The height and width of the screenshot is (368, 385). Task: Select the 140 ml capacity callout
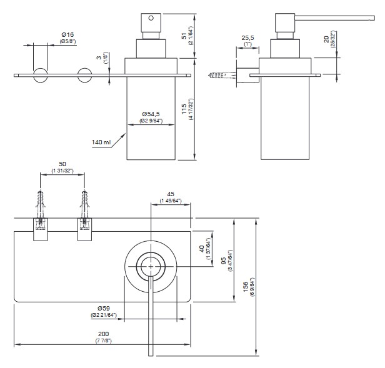point(101,142)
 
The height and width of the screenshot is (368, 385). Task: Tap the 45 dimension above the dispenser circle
point(170,194)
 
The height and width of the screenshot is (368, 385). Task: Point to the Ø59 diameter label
point(105,307)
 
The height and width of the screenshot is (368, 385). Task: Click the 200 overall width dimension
point(103,334)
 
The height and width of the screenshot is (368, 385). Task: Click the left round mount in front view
point(41,76)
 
